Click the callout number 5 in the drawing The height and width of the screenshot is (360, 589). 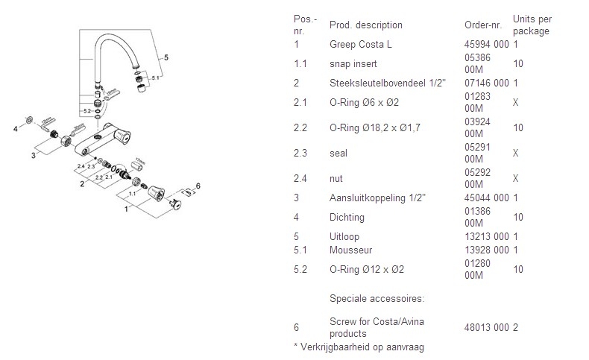[x=166, y=57]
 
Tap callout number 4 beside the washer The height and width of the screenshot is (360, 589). [x=15, y=128]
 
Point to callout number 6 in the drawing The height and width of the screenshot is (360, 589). [x=198, y=185]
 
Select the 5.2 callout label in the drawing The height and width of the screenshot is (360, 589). [x=87, y=111]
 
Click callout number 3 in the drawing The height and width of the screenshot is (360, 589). [x=34, y=155]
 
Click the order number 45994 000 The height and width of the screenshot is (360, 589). [x=486, y=45]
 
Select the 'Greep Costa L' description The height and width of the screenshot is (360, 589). [x=360, y=45]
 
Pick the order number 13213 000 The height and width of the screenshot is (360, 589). [x=486, y=236]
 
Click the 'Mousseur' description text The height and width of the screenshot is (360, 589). [x=350, y=250]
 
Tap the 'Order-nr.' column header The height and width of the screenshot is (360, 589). [x=482, y=25]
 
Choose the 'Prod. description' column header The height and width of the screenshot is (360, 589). [x=365, y=25]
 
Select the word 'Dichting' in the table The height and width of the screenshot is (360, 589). [x=347, y=217]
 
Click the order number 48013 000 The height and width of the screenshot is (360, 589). [x=486, y=326]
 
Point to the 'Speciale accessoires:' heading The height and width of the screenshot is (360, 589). [x=377, y=298]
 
